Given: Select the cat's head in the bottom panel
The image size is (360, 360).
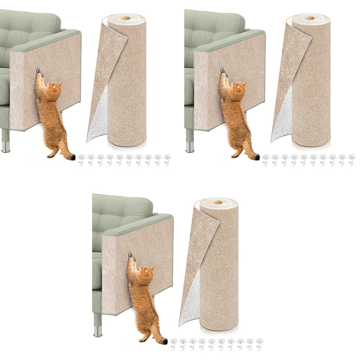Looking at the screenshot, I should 148,272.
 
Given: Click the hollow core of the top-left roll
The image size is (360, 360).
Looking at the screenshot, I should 126,18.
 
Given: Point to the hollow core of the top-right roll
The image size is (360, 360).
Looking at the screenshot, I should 310,18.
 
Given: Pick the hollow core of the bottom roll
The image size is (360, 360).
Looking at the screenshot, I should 218,202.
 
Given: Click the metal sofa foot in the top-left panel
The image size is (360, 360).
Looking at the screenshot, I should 6,146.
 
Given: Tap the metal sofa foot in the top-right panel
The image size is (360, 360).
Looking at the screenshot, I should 190,146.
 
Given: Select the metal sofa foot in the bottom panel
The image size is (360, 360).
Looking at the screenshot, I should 98,331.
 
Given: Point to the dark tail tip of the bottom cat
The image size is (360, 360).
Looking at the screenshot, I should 164,341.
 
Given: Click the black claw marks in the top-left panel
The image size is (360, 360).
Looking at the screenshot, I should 38,71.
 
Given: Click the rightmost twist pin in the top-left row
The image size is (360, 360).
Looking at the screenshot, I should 167,159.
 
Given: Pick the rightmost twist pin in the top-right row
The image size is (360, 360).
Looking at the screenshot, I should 351,159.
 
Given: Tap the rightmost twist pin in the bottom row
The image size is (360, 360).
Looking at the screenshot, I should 259,343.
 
